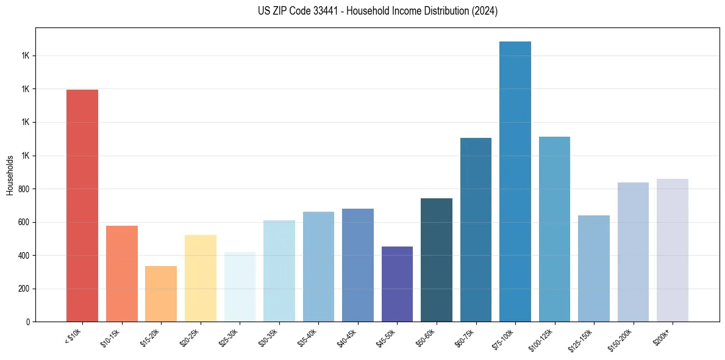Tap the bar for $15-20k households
pos(161,293)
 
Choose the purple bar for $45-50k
pos(397,284)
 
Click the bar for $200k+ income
pos(673,250)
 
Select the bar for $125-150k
pos(594,268)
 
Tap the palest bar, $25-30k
pos(240,287)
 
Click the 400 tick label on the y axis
pos(23,256)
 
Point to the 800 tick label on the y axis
pos(23,189)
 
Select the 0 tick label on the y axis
pos(27,322)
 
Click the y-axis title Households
pos(10,175)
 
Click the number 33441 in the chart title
pos(323,11)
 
